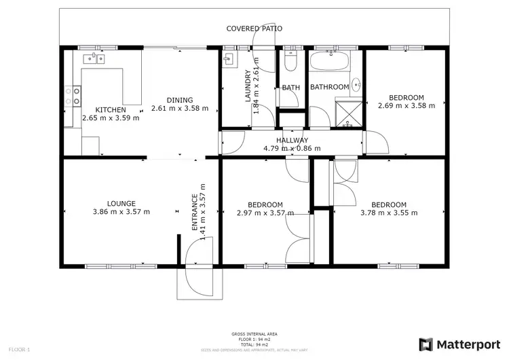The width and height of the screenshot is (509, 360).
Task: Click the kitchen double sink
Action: [x=95, y=59]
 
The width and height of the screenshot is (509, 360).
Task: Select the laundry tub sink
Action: [x=227, y=58]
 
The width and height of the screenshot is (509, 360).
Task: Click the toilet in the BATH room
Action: [x=291, y=63]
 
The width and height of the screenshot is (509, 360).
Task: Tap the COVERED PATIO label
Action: [x=254, y=29]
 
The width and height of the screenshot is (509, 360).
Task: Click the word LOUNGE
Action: [x=121, y=203]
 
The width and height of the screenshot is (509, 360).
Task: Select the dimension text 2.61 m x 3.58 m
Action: [x=179, y=108]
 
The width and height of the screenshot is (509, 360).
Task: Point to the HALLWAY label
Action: [x=292, y=140]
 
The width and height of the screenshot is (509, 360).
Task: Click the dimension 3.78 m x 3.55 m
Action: [x=389, y=213]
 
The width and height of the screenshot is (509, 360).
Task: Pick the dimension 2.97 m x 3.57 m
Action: [x=265, y=213]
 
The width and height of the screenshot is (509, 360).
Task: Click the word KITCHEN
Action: [x=110, y=110]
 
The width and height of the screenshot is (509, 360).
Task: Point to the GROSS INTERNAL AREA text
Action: [x=254, y=334]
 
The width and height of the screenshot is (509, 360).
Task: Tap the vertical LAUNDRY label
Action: [x=248, y=86]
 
